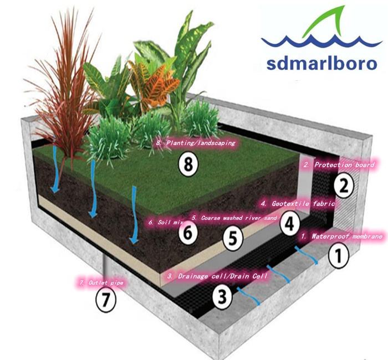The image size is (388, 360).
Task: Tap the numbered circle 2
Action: click(x=344, y=186)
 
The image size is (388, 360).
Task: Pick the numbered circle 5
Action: click(x=233, y=238)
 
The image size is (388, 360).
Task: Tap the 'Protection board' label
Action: click(x=339, y=164)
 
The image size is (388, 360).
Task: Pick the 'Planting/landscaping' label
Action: click(x=196, y=142)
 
